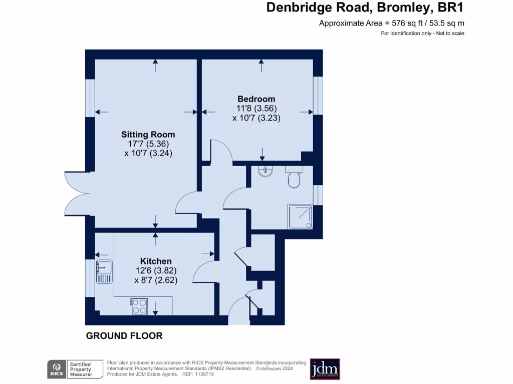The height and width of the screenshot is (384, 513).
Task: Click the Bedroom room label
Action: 256,99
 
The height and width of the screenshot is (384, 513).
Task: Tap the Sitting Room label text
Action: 148,134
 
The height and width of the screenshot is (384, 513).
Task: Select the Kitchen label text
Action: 156,261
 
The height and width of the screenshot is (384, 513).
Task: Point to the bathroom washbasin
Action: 265,172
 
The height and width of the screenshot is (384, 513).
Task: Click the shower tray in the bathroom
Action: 300,216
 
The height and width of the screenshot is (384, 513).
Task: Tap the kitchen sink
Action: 104,271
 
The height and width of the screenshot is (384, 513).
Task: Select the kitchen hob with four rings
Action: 138,306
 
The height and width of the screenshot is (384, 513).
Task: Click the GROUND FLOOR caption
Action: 124,336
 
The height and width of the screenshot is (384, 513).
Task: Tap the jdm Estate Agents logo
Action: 325,369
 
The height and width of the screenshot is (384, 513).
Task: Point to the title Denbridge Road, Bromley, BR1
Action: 365,8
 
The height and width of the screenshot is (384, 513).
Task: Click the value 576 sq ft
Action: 406,23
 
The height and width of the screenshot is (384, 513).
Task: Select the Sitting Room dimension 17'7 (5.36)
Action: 148,144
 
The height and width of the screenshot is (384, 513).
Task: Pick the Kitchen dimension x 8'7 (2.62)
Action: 156,280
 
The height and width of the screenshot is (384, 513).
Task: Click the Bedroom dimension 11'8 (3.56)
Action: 256,108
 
